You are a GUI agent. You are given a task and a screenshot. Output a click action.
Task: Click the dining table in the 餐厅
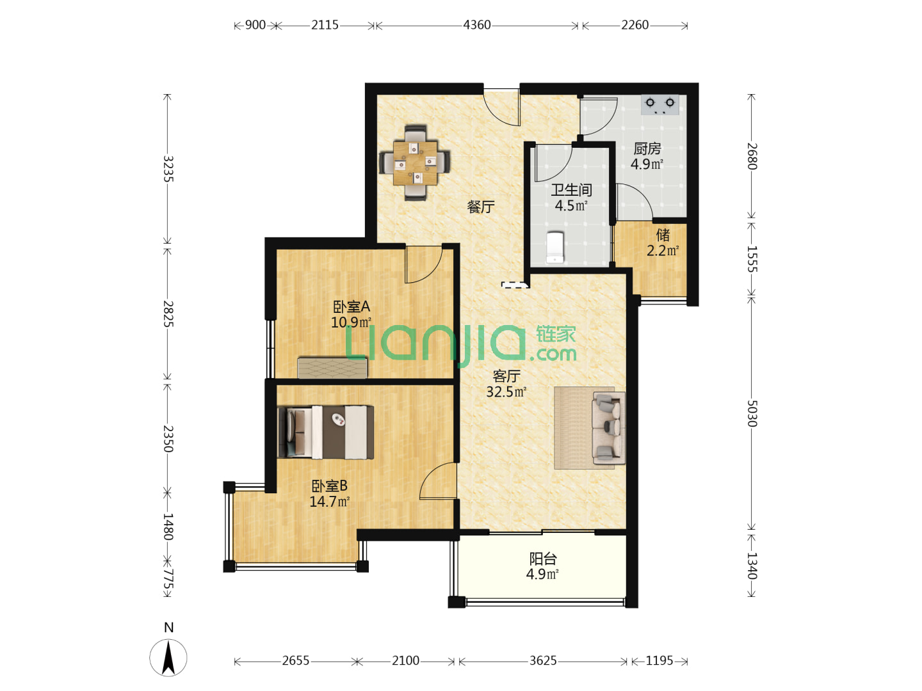(415, 163)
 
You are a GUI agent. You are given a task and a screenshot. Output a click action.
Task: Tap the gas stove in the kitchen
(659, 104)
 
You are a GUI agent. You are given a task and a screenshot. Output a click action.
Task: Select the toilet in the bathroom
(554, 248)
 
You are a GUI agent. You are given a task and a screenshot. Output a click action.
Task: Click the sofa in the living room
(608, 427)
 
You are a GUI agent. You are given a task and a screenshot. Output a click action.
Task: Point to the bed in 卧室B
(325, 432)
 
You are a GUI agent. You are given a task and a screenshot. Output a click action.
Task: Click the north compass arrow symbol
(168, 658)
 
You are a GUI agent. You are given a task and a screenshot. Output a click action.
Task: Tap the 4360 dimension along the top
(477, 25)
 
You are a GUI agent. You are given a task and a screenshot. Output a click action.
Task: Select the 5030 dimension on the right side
(752, 413)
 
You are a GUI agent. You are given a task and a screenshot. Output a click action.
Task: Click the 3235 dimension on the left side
(168, 169)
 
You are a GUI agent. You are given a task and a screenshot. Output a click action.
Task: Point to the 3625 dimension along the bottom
(543, 661)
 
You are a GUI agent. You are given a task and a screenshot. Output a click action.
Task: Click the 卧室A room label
(352, 306)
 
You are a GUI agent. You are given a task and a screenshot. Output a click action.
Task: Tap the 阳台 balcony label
(543, 559)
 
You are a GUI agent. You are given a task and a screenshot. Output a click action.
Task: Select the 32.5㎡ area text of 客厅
(506, 392)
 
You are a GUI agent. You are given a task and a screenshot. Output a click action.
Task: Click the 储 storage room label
(663, 235)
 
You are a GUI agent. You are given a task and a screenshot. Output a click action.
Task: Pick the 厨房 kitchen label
(647, 148)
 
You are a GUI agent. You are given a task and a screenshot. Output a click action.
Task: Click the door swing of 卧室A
(424, 264)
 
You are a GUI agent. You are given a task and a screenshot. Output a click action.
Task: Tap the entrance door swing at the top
(502, 107)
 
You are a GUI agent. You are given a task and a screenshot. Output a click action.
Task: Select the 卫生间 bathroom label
(571, 190)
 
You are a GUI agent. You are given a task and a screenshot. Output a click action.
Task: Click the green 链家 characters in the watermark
(556, 334)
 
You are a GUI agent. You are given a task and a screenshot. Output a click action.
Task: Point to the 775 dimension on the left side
(168, 580)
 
